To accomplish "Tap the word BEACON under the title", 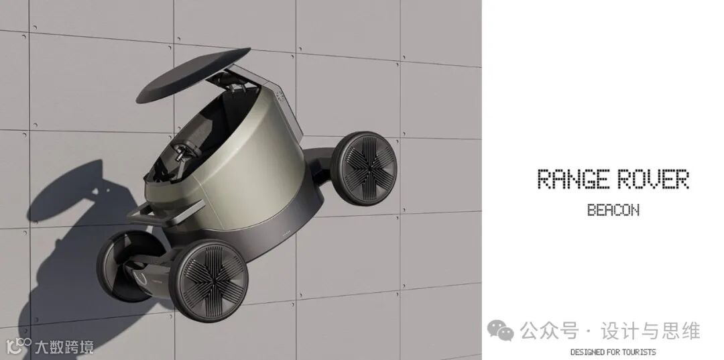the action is tap(613, 210).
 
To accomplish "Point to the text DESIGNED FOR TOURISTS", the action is tap(613, 352).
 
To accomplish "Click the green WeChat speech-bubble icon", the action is tap(500, 331).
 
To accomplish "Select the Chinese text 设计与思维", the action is tap(650, 331).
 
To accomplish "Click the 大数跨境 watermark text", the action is tap(64, 347).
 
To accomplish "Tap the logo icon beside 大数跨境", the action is tap(19, 347).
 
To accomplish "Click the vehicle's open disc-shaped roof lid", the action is tap(194, 75).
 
